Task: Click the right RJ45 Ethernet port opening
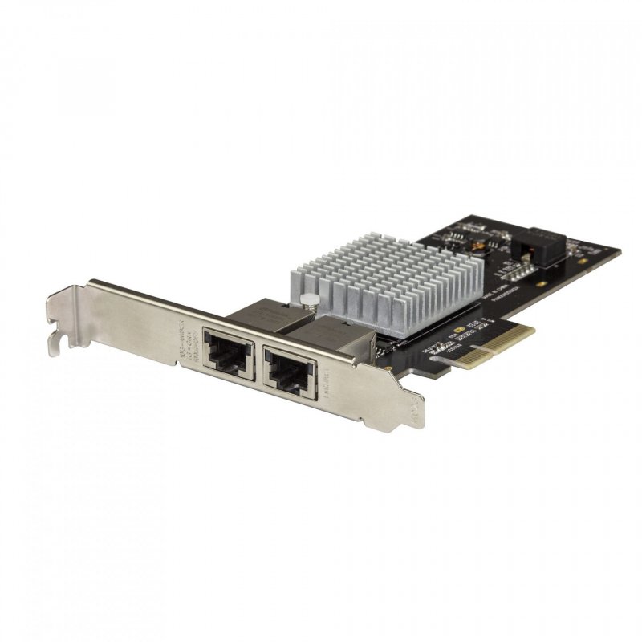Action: (291, 370)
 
